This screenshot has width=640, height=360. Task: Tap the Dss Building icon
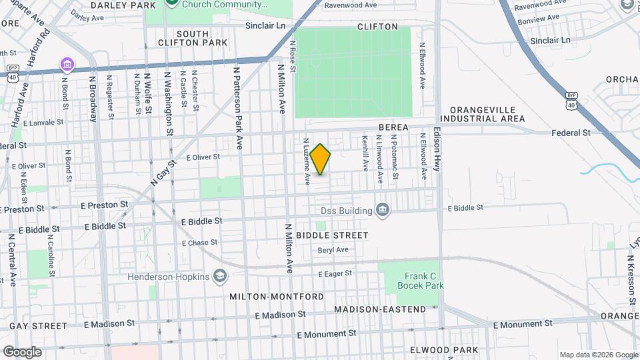[382, 211]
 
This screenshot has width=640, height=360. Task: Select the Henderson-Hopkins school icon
[219, 277]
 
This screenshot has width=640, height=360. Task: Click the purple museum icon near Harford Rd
[67, 65]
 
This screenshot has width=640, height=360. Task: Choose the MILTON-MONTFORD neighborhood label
[277, 296]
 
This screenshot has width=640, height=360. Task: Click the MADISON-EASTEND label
[380, 309]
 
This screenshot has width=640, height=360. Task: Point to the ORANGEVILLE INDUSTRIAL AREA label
[483, 114]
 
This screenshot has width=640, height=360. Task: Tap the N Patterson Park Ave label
[236, 107]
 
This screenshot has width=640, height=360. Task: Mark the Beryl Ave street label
[333, 250]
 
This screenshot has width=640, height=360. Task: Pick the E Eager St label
[335, 274]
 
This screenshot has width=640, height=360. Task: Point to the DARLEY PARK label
[123, 5]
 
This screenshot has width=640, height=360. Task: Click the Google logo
[22, 352]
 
